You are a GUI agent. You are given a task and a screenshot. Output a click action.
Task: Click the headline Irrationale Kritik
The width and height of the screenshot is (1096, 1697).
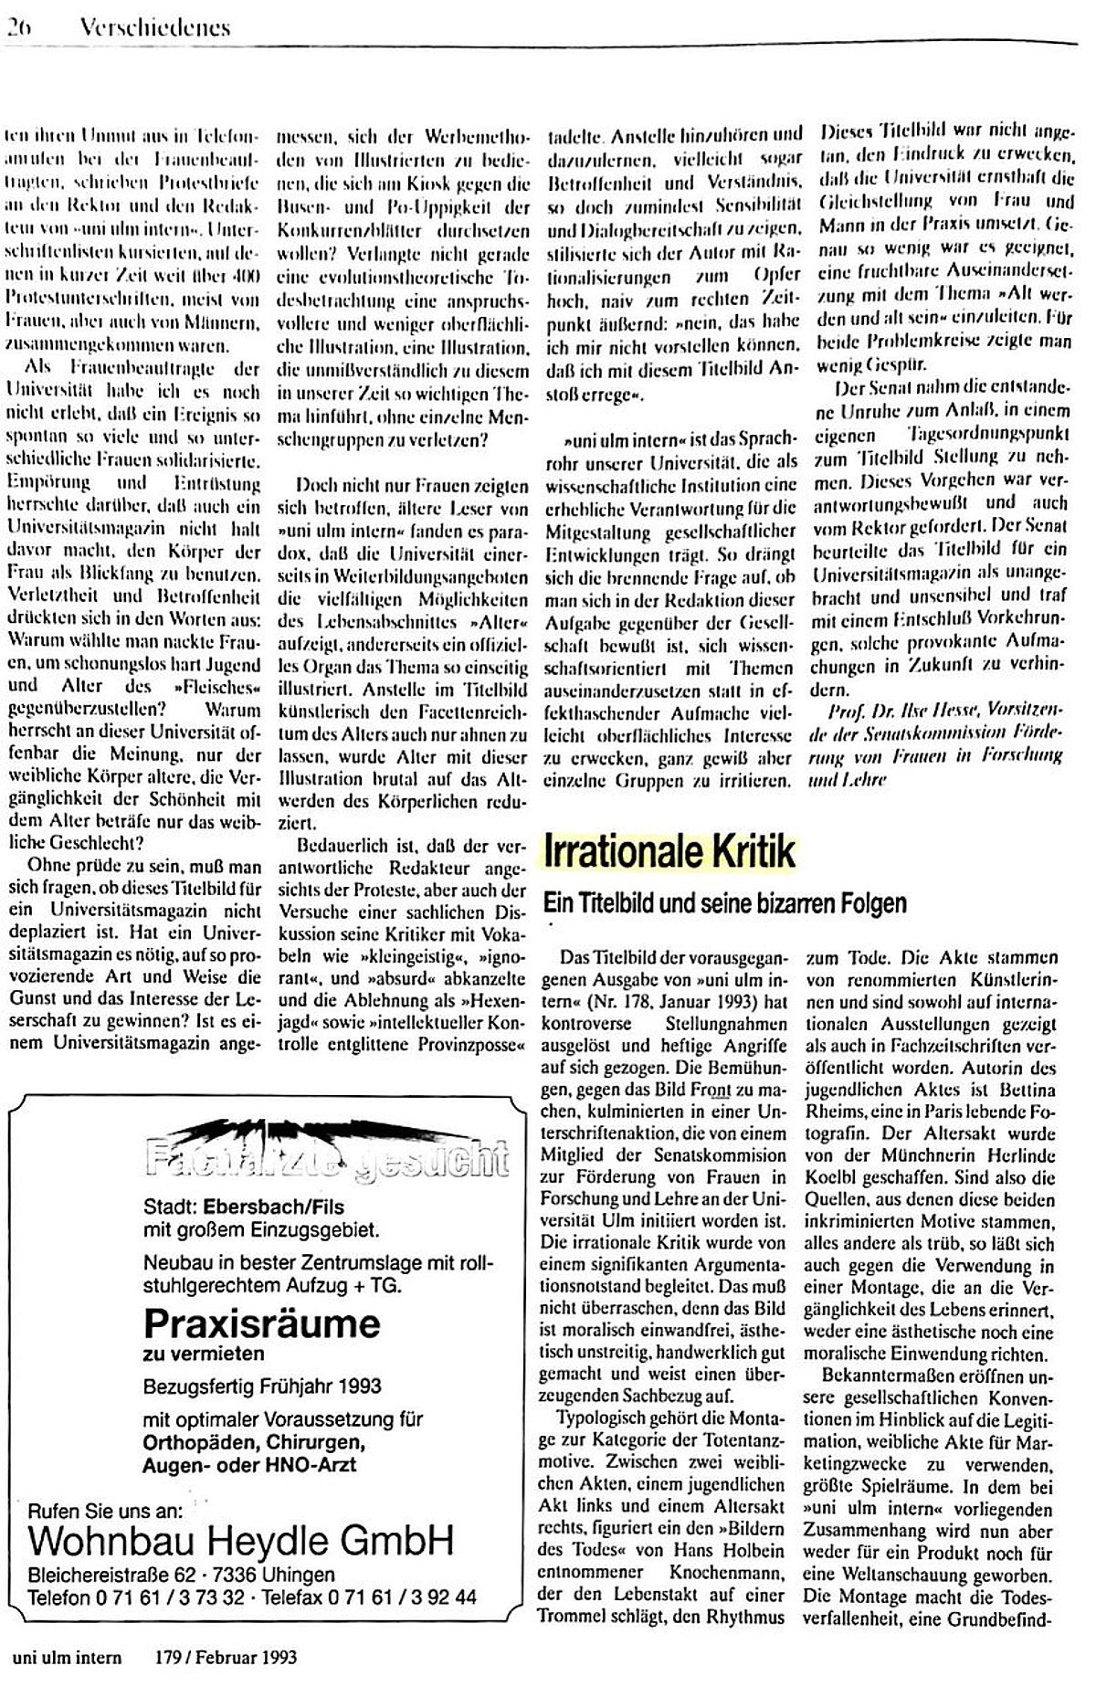click(x=669, y=851)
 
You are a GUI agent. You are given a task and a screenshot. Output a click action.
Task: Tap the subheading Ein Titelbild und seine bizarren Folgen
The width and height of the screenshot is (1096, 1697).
click(x=724, y=903)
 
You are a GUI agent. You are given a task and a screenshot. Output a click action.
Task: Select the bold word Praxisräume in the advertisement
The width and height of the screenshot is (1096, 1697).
click(x=261, y=1323)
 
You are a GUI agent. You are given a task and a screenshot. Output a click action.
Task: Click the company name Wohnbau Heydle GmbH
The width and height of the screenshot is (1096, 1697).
click(x=241, y=1542)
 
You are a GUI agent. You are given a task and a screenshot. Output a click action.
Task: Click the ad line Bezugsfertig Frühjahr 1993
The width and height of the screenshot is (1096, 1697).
click(x=263, y=1385)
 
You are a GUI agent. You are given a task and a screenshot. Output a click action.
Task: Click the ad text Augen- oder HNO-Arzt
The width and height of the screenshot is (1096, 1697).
click(x=249, y=1465)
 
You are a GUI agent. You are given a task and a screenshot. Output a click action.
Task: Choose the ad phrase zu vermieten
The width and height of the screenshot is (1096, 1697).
click(x=204, y=1353)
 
